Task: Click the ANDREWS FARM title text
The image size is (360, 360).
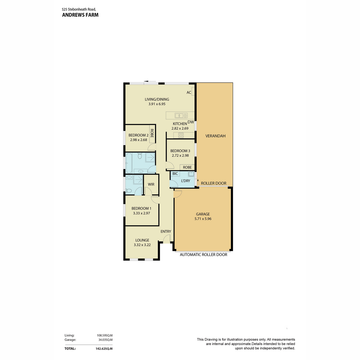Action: coord(80,15)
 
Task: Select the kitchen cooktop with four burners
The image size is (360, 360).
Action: coord(181,135)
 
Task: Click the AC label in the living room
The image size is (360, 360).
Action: coord(189,92)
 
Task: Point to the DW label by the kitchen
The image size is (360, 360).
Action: coord(191,122)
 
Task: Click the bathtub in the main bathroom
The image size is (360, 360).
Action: coord(129,163)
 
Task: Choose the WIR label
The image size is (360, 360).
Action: coord(151,184)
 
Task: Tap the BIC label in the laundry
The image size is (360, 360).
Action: coord(175,174)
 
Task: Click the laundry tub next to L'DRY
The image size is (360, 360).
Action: coord(191,174)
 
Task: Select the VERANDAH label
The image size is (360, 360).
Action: coord(215,136)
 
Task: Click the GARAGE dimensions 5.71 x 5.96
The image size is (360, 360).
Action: coord(203,219)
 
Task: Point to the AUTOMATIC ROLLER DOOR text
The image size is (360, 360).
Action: coord(203,254)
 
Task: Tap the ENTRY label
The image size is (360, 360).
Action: coord(166,232)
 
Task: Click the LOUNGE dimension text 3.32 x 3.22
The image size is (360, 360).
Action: coord(142,245)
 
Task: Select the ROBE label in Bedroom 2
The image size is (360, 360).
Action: coord(152,133)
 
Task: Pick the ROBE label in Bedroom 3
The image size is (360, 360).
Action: coord(187,167)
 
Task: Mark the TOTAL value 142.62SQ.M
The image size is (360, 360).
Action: coord(104,349)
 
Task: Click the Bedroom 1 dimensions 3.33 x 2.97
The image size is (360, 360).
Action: coord(141,213)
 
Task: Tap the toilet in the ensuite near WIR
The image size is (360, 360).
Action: coord(129,191)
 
